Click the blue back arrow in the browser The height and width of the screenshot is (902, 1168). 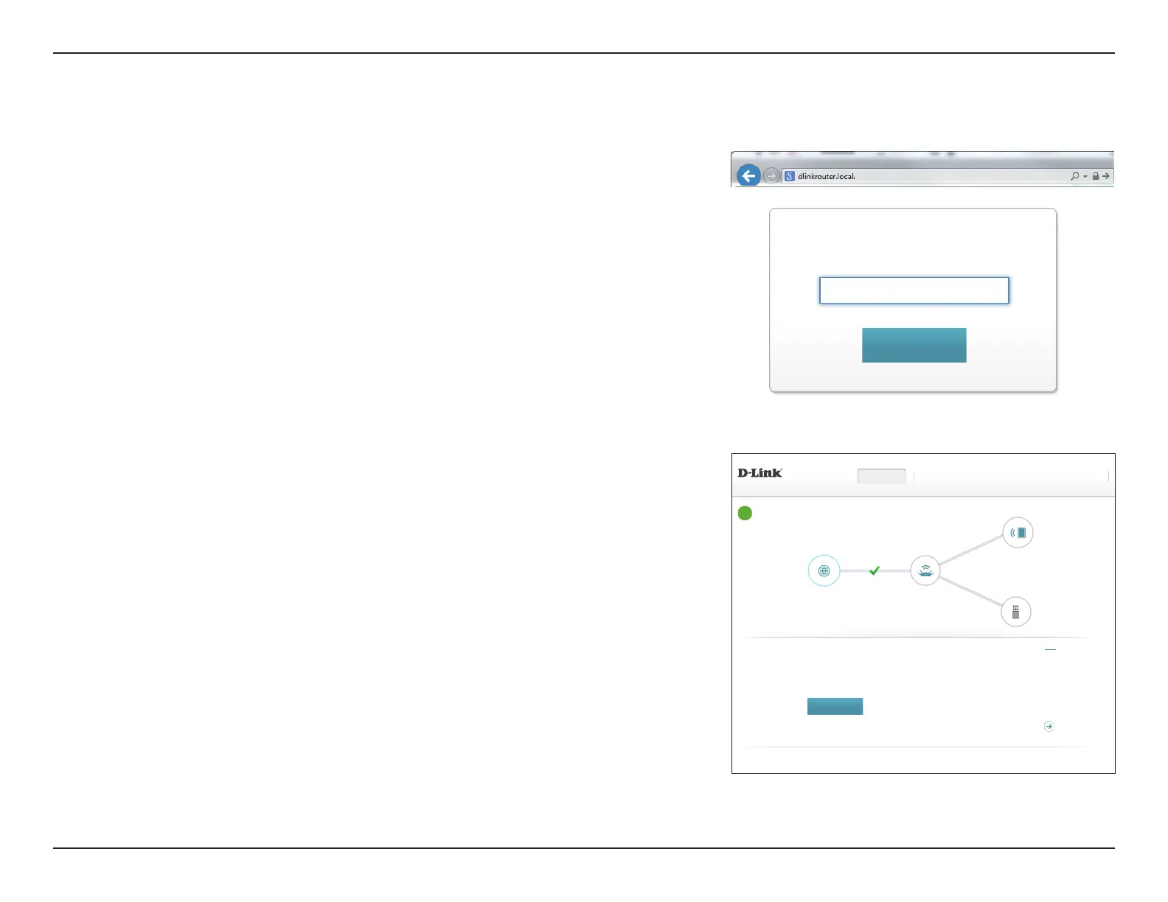point(748,176)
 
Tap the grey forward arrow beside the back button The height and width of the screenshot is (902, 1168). point(771,176)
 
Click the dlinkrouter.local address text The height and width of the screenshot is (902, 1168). point(827,177)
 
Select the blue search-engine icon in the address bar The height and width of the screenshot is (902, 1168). point(790,176)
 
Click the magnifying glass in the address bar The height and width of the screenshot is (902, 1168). point(1075,176)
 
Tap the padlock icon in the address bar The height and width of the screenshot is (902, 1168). point(1096,176)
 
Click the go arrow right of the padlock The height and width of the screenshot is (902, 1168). point(1106,176)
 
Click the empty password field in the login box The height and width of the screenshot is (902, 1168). point(914,290)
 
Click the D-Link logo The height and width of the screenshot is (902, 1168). point(759,473)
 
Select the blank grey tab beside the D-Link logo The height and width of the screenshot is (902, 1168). point(882,476)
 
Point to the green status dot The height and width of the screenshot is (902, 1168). point(745,513)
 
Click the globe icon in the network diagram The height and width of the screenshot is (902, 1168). point(824,570)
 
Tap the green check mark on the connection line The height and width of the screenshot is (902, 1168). point(875,570)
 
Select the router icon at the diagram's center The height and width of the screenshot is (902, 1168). point(925,570)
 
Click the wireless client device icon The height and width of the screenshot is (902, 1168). point(1018,533)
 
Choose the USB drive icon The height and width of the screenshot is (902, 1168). point(1015,612)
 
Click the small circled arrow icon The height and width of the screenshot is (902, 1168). point(1049,727)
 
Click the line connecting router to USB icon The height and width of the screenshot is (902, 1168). point(970,591)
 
